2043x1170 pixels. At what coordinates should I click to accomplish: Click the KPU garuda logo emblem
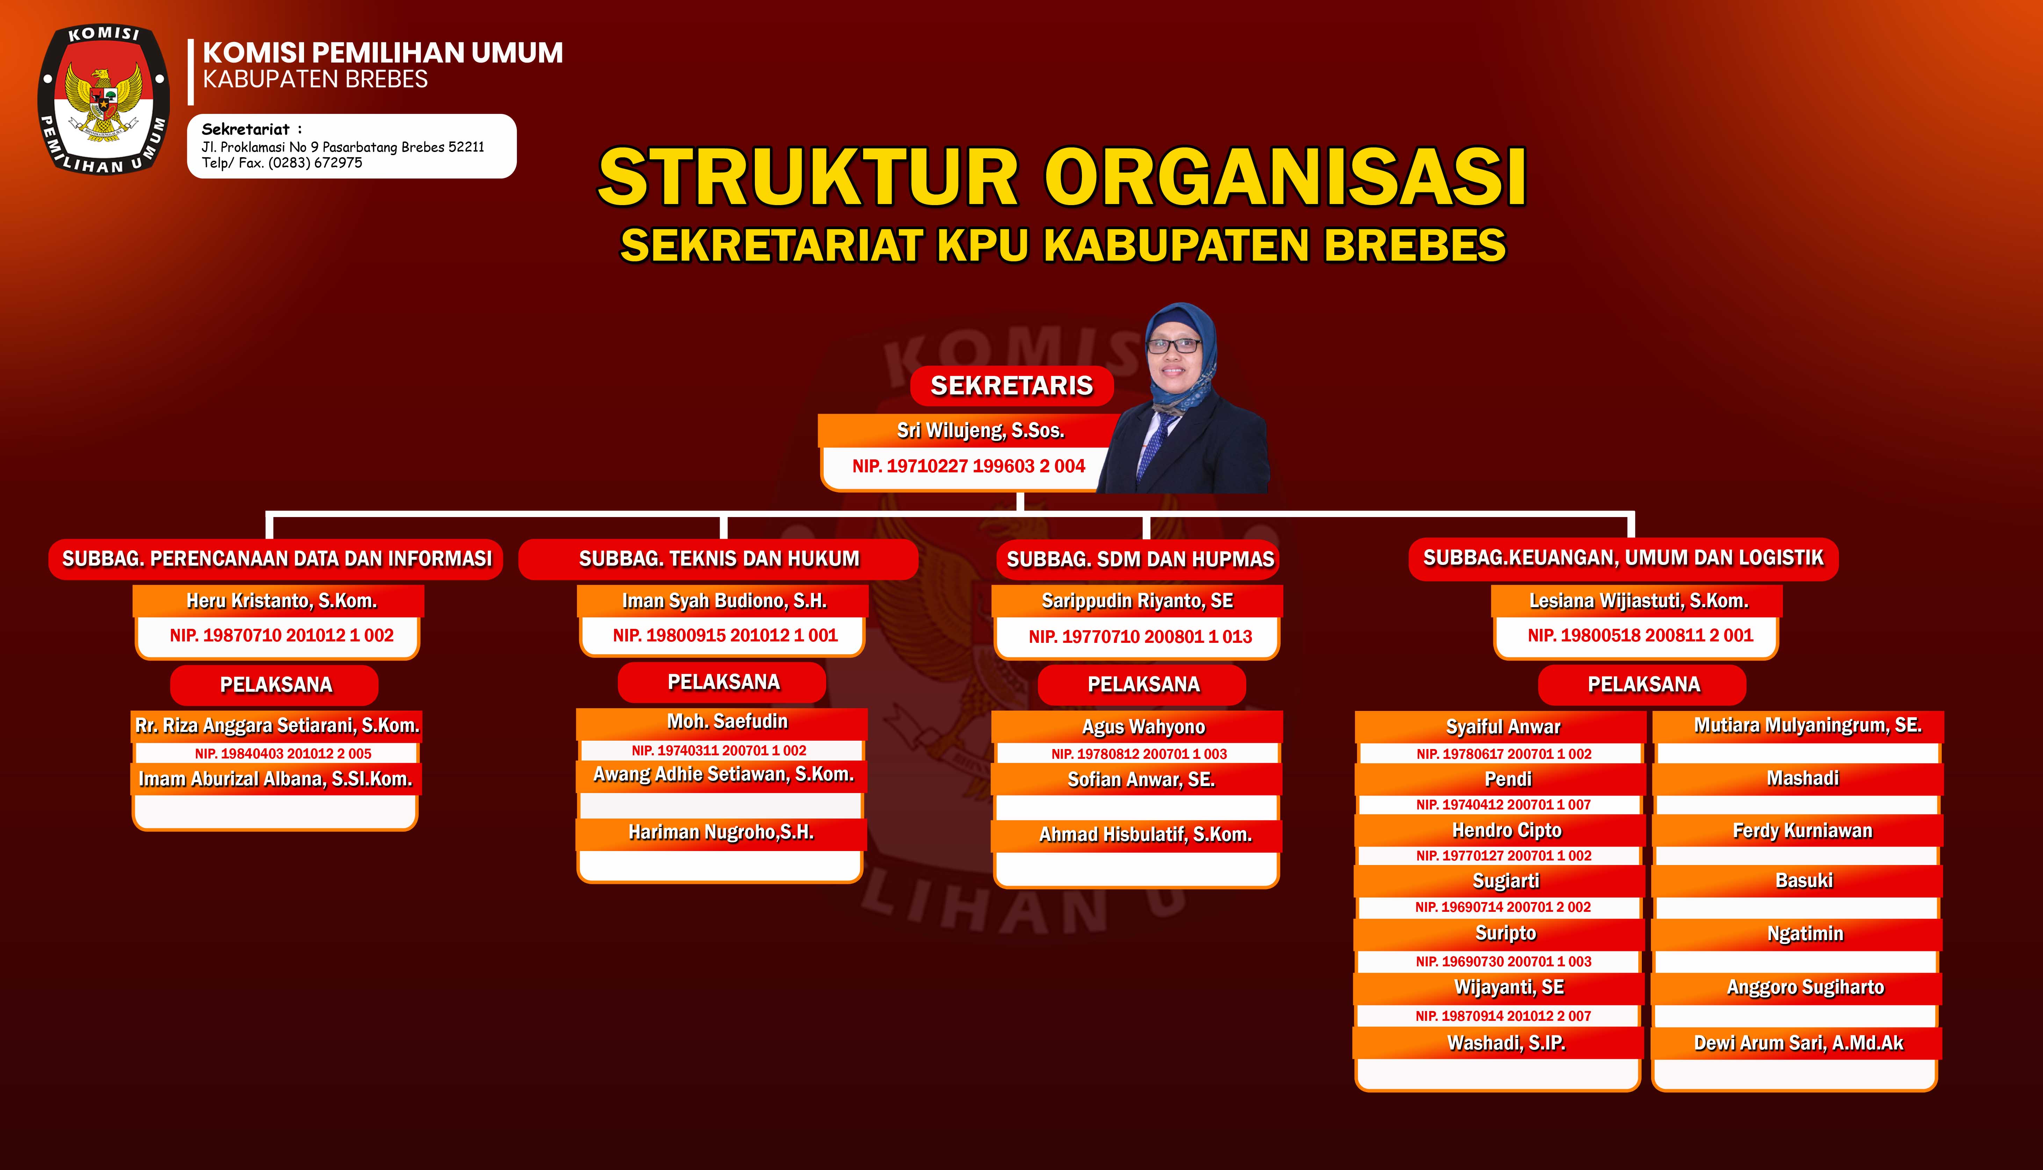(104, 100)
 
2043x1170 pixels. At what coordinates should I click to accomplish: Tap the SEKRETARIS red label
(1012, 386)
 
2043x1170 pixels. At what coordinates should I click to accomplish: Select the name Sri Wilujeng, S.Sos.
(981, 431)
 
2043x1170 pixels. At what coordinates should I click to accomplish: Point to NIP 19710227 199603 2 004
(968, 466)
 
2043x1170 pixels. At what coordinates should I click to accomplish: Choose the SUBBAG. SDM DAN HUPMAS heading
(1140, 559)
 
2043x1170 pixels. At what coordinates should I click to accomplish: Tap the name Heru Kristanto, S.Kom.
(281, 601)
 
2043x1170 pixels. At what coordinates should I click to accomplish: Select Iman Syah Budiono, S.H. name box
(723, 601)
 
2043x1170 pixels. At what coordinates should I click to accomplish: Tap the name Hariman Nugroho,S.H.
(721, 833)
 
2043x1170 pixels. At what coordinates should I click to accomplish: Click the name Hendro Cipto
(1506, 830)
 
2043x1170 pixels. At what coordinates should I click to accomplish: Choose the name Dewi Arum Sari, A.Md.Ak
(1799, 1043)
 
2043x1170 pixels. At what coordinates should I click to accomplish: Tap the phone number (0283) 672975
(315, 162)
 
